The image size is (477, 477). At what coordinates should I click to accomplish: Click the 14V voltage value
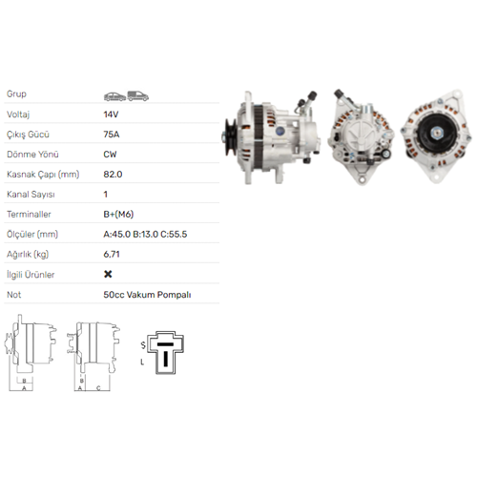[x=111, y=114]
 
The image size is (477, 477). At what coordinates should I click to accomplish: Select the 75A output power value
[x=112, y=135]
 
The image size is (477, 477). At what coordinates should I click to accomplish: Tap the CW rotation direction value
[x=110, y=155]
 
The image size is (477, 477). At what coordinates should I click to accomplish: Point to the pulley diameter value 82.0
[x=113, y=175]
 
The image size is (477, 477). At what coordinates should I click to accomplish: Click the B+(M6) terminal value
[x=118, y=214]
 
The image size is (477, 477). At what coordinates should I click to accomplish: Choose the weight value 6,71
[x=112, y=255]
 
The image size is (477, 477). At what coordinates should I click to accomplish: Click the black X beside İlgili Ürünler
[x=108, y=274]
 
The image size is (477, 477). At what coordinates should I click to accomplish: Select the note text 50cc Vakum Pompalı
[x=147, y=295]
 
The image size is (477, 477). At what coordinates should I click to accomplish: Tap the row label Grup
[x=16, y=94]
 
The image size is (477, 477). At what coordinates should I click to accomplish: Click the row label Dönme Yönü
[x=32, y=155]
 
